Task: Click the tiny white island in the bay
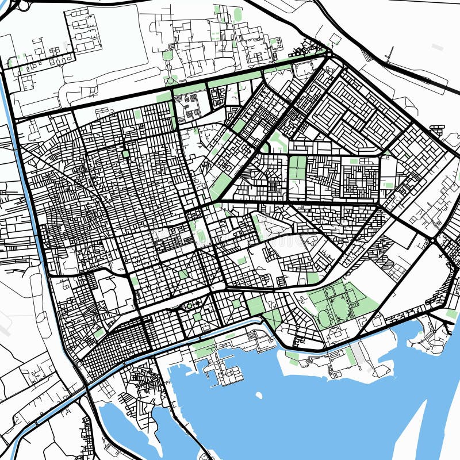pos(259,396)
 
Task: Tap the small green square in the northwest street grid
pos(125,154)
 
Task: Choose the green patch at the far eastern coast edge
pos(451,314)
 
